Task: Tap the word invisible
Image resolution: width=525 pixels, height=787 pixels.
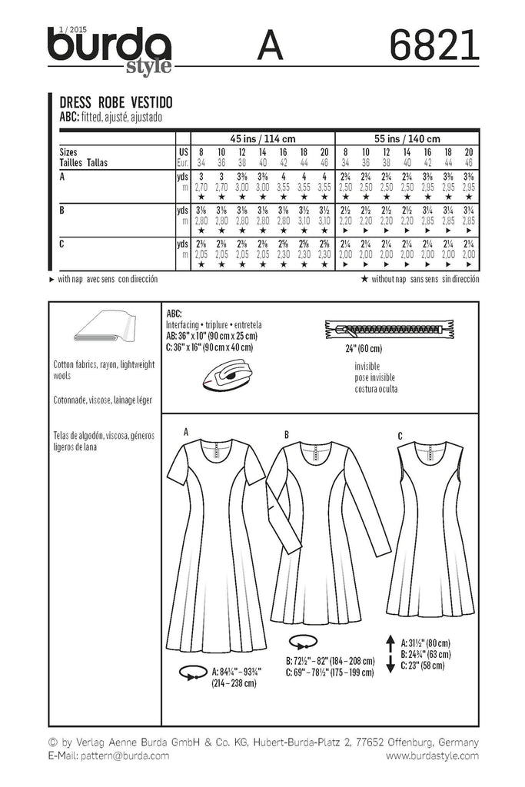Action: coord(370,367)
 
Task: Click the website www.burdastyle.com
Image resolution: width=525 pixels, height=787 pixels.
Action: coord(432,756)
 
